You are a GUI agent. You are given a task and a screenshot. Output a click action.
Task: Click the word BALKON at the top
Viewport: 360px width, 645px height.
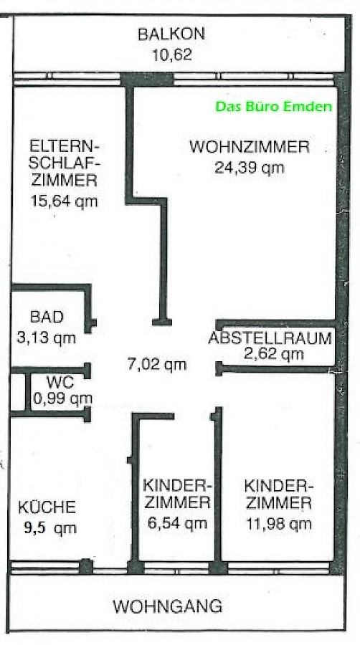click(171, 34)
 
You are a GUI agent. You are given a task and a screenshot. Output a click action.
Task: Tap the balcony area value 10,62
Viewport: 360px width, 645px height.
click(172, 54)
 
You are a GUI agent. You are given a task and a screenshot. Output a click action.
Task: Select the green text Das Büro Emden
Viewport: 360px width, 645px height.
click(274, 107)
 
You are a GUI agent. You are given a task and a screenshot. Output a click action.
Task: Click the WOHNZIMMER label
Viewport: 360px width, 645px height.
click(250, 147)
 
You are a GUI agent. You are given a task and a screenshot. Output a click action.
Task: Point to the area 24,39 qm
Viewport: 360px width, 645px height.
click(250, 168)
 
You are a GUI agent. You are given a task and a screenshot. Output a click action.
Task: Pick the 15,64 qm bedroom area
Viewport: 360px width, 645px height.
click(64, 201)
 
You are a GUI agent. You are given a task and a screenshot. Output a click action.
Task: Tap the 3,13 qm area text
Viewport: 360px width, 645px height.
click(47, 338)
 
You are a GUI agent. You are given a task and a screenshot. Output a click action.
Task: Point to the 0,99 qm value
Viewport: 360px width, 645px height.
click(62, 398)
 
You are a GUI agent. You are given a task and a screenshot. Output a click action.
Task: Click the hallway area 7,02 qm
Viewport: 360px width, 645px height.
click(157, 364)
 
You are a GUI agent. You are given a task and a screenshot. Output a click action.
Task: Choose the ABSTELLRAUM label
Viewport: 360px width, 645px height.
click(270, 338)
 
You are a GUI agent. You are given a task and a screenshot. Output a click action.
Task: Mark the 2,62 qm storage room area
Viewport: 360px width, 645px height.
click(274, 354)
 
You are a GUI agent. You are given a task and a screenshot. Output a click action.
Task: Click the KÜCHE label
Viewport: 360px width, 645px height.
click(47, 507)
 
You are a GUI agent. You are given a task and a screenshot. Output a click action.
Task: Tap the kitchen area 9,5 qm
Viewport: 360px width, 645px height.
click(50, 528)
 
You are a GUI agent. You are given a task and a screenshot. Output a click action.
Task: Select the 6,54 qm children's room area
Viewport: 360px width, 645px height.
click(177, 523)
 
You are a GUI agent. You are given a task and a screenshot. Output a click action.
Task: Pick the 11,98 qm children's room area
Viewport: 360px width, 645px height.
click(278, 524)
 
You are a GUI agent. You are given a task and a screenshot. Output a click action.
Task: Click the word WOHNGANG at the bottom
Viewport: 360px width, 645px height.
click(168, 606)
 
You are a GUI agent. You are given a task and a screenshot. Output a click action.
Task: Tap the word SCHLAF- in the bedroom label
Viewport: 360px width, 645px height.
click(65, 163)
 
